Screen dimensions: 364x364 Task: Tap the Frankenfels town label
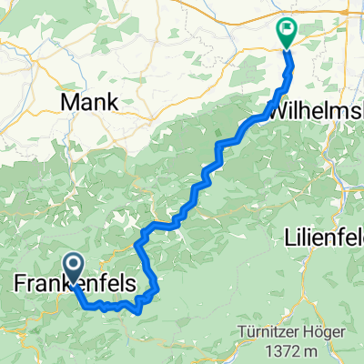76,285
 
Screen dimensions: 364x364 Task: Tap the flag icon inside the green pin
286,29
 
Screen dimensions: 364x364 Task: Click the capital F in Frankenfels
22,285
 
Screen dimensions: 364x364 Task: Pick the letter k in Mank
113,101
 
